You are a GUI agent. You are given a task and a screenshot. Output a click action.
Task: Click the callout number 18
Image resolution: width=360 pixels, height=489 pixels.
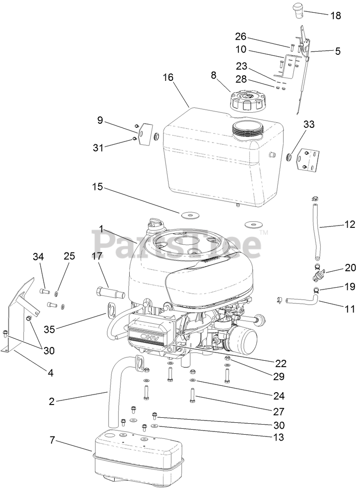335,16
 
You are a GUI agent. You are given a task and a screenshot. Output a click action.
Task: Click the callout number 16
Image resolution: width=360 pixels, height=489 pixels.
168,77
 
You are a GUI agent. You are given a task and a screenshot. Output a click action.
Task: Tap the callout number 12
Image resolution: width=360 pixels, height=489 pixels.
349,224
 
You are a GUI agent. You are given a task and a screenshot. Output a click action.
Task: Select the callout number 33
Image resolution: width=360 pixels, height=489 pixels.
309,124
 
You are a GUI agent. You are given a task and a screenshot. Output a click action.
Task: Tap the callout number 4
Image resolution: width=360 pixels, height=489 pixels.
51,373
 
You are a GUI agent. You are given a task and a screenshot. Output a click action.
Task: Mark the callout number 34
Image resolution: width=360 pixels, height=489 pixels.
38,257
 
